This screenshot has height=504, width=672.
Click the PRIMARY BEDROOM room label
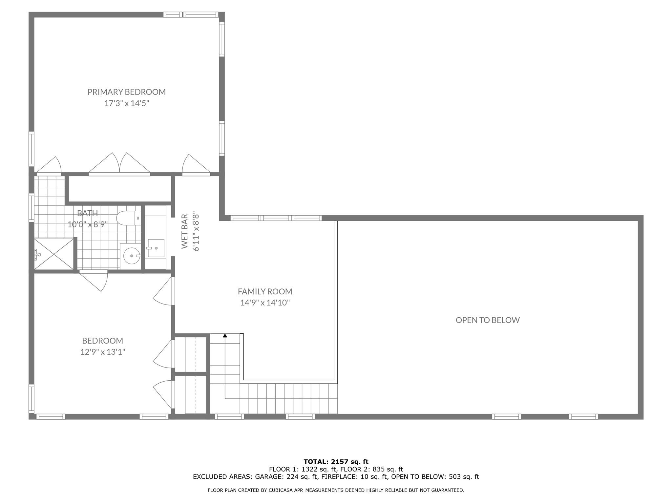[x=126, y=92]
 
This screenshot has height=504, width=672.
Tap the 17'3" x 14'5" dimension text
[x=126, y=103]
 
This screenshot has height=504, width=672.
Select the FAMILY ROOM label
[x=265, y=291]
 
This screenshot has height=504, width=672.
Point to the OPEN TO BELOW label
[x=487, y=320]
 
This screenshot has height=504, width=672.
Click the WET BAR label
[x=185, y=231]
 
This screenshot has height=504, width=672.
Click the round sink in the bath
[x=131, y=256]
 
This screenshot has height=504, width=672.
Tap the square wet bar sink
[x=156, y=248]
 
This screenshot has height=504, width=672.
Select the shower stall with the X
[x=54, y=254]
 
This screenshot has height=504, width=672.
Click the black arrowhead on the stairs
[x=225, y=336]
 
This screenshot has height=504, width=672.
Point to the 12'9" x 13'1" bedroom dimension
[x=103, y=352]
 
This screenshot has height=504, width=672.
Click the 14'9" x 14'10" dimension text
[x=265, y=303]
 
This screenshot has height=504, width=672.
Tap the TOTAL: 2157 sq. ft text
[x=336, y=462]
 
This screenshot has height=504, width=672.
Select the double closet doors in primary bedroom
[x=119, y=164]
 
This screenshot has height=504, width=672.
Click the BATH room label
[x=87, y=213]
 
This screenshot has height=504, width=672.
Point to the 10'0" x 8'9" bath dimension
[x=87, y=224]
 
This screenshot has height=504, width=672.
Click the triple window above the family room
[x=276, y=218]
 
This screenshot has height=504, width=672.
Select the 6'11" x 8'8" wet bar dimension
[x=196, y=231]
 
